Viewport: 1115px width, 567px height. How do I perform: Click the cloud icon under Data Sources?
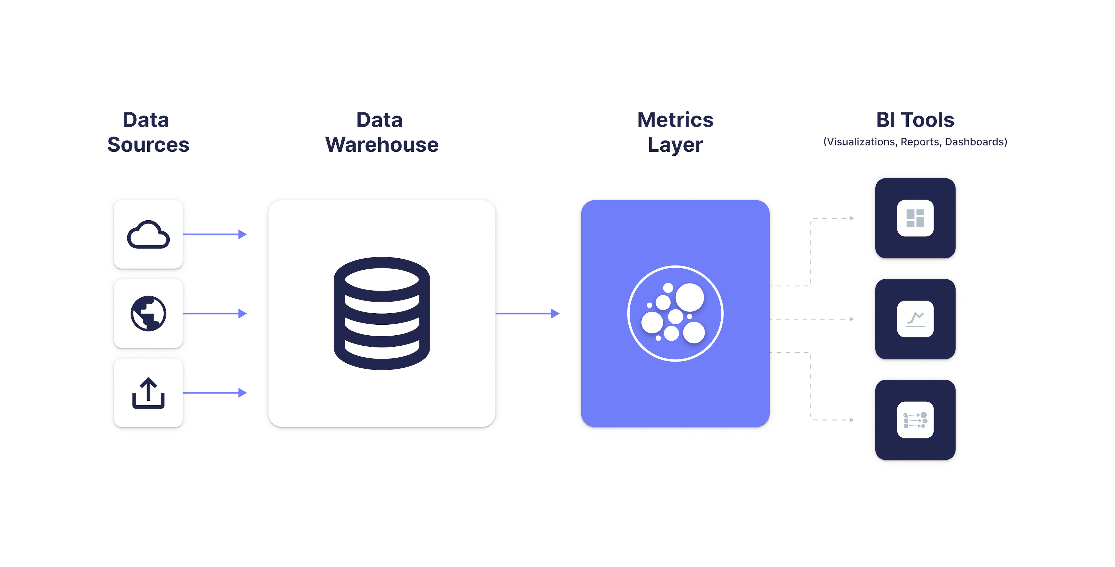(x=148, y=235)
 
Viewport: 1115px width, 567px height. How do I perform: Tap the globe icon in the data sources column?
(x=148, y=314)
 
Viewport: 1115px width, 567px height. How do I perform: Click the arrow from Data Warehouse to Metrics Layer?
(x=527, y=314)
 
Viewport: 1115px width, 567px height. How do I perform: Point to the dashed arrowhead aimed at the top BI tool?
(x=851, y=219)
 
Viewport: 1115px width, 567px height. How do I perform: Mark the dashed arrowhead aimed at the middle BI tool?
(x=851, y=319)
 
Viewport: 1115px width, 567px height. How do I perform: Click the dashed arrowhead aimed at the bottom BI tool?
(x=851, y=420)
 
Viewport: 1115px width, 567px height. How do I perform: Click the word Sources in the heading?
(x=148, y=144)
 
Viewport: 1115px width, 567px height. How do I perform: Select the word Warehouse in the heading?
(x=382, y=144)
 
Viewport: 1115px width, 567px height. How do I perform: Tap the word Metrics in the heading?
(x=675, y=120)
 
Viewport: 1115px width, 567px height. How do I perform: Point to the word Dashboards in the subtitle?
(x=975, y=142)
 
